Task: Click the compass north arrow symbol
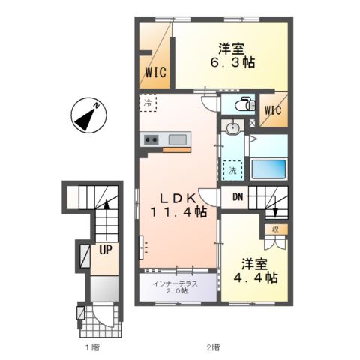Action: tap(88, 115)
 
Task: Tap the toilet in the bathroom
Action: tap(245, 103)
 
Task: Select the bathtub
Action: tap(268, 169)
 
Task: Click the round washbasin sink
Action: tap(233, 128)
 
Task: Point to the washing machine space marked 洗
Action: tap(232, 170)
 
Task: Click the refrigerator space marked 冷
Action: tap(148, 103)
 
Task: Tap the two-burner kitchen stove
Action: tap(151, 139)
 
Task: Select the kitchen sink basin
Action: tap(178, 139)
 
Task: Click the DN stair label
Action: tap(238, 197)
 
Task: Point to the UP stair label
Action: tap(106, 249)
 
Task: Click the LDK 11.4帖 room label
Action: tap(178, 205)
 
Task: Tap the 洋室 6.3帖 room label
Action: tap(232, 55)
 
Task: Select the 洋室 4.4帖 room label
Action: tap(255, 271)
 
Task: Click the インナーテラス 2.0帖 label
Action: tap(175, 287)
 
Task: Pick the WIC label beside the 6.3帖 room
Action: tap(156, 72)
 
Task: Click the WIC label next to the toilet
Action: tap(273, 110)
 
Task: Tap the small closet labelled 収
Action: tap(275, 229)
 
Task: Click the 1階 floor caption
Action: tap(92, 347)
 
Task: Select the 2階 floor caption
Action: tap(213, 347)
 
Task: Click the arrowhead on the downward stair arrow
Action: tap(275, 213)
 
